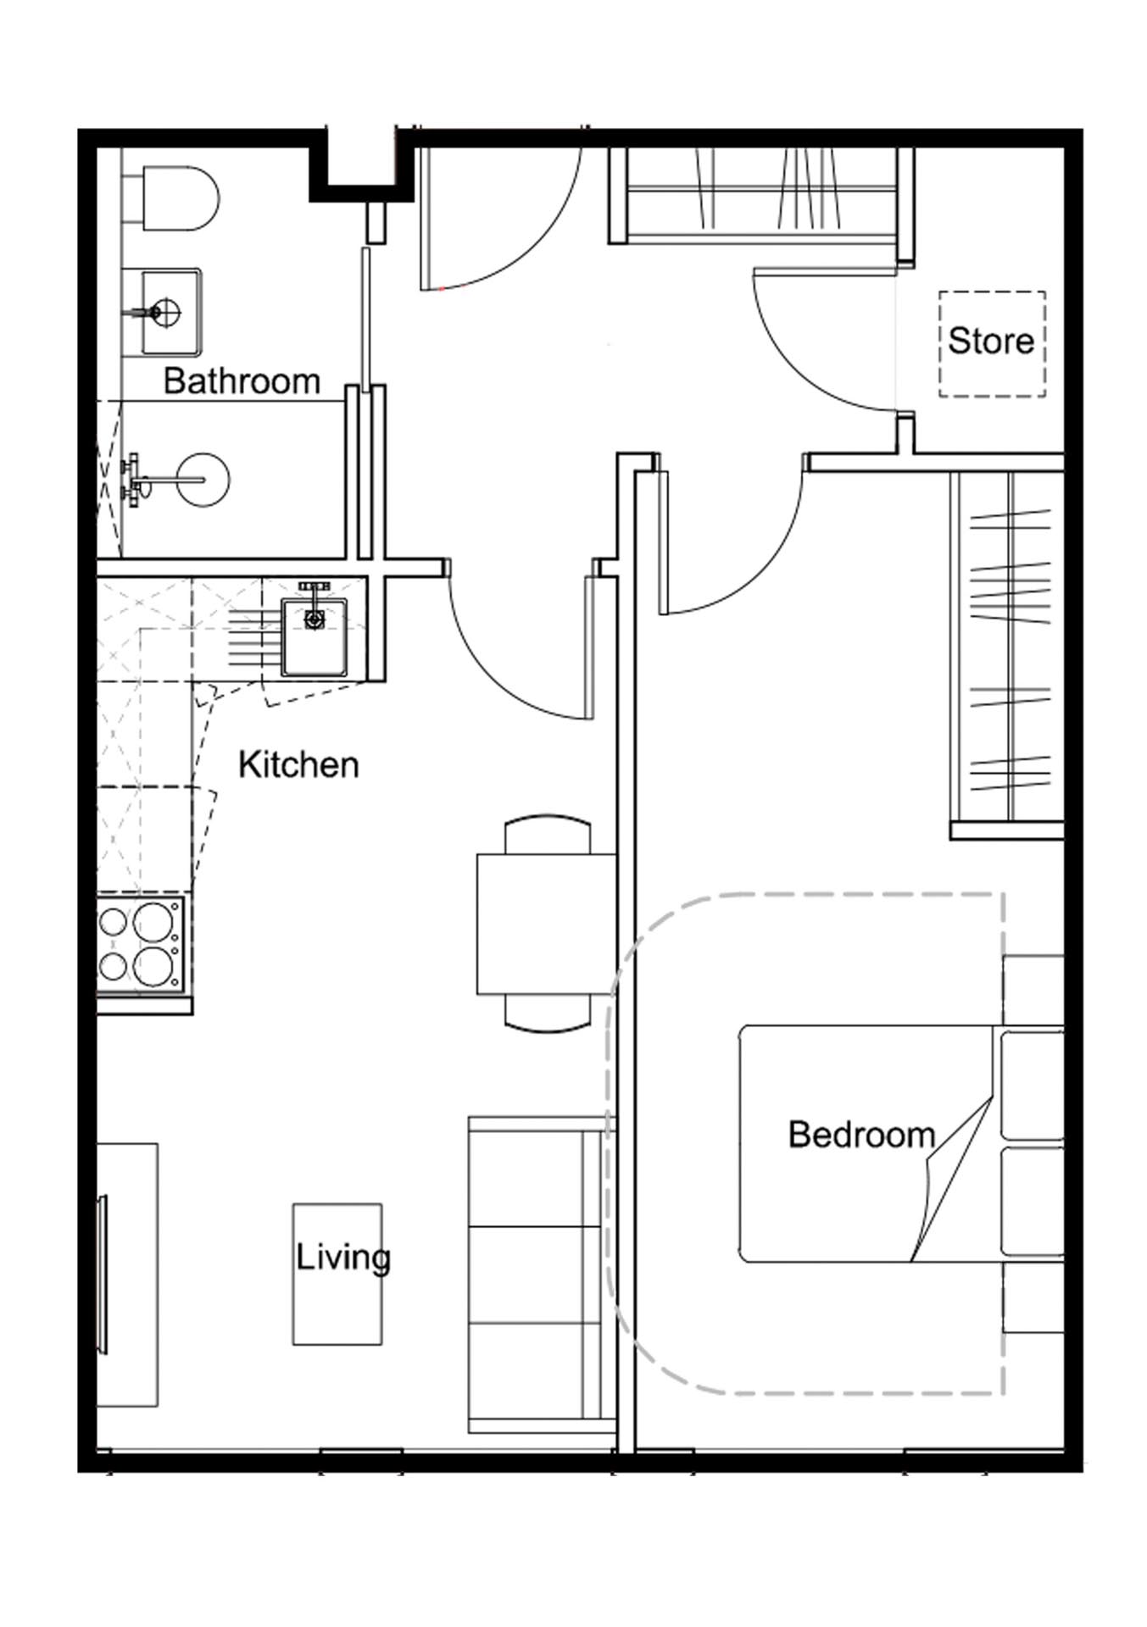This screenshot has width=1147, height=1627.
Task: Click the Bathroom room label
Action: (x=242, y=381)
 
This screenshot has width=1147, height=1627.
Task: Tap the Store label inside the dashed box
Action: (x=991, y=342)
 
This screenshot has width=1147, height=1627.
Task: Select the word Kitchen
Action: (x=298, y=765)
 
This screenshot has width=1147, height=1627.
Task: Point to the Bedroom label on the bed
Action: (x=861, y=1135)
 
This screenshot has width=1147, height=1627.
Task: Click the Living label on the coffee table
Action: (x=343, y=1257)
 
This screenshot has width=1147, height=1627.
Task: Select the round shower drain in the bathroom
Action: (x=203, y=480)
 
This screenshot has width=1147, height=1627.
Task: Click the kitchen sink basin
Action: (x=315, y=637)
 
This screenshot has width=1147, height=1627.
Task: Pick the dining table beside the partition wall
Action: (x=546, y=924)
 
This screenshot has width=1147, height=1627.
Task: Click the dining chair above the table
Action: (x=547, y=835)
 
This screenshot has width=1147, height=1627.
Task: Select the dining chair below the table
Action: (x=547, y=1013)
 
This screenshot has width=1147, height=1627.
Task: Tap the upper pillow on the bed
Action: (x=1032, y=1084)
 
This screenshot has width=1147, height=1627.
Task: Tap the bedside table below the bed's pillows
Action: (x=1033, y=1297)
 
